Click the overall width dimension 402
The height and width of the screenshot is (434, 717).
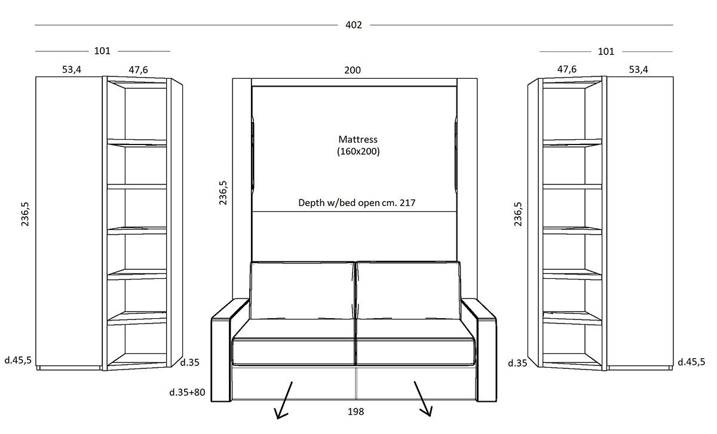(x=353, y=25)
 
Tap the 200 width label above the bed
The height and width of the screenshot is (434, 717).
(x=353, y=70)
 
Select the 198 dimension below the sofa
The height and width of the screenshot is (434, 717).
(x=356, y=411)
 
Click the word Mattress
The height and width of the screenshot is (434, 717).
(x=358, y=140)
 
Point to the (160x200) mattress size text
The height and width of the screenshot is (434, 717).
(x=358, y=151)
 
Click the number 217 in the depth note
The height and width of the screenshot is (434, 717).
(x=407, y=203)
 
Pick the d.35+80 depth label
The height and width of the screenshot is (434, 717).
(x=187, y=392)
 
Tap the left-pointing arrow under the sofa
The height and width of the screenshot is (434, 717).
(x=284, y=400)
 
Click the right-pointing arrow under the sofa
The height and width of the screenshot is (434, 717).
(x=423, y=399)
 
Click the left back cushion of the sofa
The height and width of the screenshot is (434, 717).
(x=302, y=290)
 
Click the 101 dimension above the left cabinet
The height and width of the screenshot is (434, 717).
(x=102, y=51)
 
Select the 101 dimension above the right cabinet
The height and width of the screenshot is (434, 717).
(x=606, y=51)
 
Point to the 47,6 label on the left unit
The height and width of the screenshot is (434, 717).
(x=138, y=70)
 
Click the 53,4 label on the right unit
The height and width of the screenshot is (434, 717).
(x=638, y=69)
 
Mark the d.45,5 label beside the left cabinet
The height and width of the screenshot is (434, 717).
(x=18, y=361)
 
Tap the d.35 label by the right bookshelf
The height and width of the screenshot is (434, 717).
(x=517, y=363)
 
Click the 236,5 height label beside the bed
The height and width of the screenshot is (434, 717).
(x=223, y=193)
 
